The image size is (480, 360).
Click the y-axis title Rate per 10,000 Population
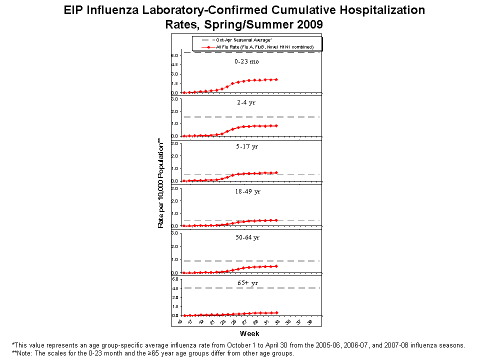pos(161,183)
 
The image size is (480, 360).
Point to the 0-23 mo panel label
pos(246,61)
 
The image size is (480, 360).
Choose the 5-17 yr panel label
pos(247,146)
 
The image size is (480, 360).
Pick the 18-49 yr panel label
pos(247,191)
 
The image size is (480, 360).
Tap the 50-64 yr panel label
pos(247,237)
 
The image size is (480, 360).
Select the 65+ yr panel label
pos(247,283)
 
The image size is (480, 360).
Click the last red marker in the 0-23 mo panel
pos(276,79)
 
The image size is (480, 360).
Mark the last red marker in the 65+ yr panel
pos(276,313)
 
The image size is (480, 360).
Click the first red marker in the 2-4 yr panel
pos(184,136)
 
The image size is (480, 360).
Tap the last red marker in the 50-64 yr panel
pos(276,266)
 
